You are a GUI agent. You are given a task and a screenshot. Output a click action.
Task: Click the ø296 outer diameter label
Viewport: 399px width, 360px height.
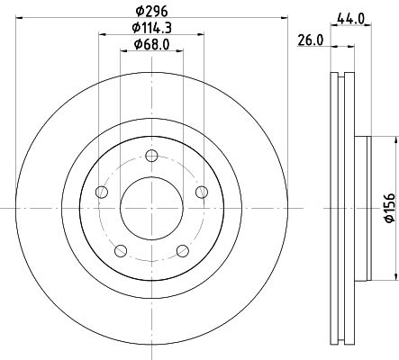tap(151, 12)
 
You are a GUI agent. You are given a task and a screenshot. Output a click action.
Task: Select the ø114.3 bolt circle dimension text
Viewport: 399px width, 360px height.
tap(151, 28)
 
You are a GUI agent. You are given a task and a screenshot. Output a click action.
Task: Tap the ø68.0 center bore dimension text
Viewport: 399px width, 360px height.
tap(151, 45)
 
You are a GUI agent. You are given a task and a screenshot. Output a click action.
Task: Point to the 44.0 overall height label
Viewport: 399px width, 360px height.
tap(350, 19)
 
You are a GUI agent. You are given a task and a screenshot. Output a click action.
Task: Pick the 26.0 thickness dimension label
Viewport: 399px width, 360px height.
tap(311, 40)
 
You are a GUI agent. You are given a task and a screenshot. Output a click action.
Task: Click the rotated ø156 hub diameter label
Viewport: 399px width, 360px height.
tap(390, 208)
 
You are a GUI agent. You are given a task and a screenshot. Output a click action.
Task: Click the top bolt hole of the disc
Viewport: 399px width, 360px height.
tap(151, 156)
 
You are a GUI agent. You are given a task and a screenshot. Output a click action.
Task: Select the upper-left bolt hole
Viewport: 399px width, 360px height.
tap(102, 192)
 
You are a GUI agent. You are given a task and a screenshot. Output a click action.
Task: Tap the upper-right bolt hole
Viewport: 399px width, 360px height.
tap(202, 192)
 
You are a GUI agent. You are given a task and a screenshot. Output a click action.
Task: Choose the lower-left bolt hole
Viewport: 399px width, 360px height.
tap(121, 251)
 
